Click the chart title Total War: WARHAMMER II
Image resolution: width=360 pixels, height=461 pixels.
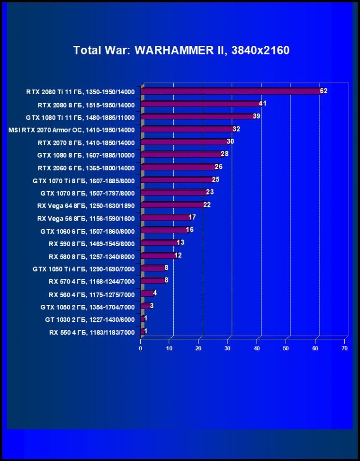tap(181, 50)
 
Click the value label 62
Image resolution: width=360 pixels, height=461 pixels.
tap(324, 91)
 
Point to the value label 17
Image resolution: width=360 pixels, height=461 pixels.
tap(192, 217)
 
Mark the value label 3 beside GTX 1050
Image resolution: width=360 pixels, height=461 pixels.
tap(152, 306)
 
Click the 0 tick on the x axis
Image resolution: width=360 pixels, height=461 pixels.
tap(141, 348)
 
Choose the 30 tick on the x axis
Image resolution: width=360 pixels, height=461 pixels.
tap(228, 348)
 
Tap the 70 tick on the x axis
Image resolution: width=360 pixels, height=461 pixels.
tap(344, 348)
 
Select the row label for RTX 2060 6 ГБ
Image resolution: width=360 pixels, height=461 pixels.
tap(86, 168)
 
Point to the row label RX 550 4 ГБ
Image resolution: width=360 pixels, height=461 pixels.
tap(92, 333)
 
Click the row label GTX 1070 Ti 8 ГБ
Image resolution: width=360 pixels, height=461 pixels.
tap(84, 180)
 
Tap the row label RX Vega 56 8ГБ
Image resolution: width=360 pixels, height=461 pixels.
tap(86, 219)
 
